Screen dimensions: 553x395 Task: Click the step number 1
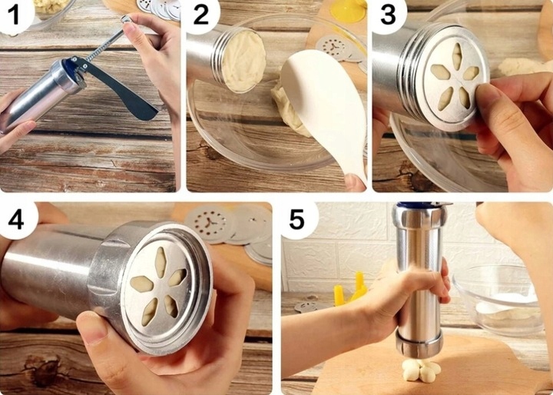13,16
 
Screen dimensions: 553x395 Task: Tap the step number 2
201,16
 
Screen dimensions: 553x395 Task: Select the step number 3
388,16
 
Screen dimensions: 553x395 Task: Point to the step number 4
16,221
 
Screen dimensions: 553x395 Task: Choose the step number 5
296,220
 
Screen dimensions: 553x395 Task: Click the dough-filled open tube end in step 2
243,61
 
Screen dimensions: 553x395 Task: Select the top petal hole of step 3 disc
457,56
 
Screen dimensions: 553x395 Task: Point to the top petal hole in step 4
161,262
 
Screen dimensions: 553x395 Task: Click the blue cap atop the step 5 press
422,204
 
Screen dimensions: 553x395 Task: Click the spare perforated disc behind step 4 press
211,223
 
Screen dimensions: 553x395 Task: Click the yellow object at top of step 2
347,11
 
